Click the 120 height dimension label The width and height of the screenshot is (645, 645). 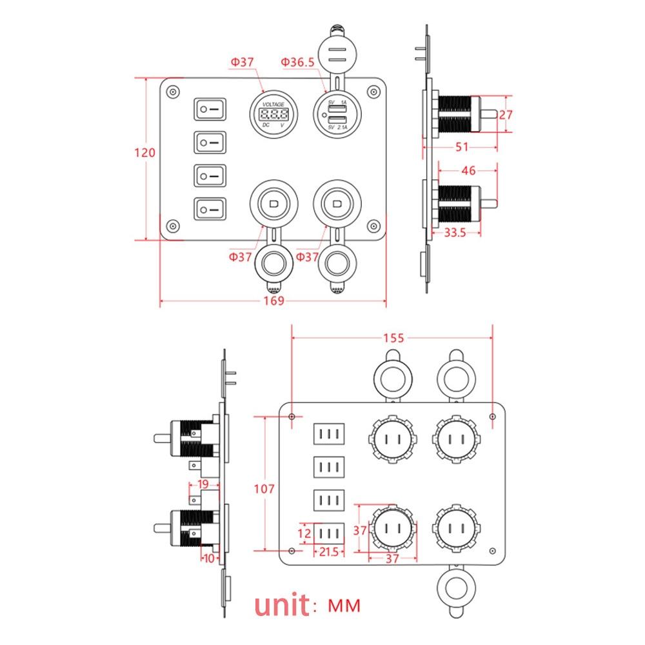(x=145, y=153)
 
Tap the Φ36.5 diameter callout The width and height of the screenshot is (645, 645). (x=297, y=62)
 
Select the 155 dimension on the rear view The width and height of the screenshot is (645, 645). (x=393, y=338)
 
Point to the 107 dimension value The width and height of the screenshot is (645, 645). (x=264, y=489)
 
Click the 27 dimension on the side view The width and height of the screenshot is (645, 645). (x=506, y=115)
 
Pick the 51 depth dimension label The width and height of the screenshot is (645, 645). (x=462, y=147)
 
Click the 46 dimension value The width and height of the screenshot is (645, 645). (x=469, y=171)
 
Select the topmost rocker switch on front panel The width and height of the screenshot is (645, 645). (x=211, y=109)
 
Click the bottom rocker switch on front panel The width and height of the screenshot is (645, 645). (x=211, y=208)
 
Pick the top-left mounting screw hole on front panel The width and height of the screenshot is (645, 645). (x=172, y=92)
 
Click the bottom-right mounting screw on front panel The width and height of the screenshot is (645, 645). (x=372, y=225)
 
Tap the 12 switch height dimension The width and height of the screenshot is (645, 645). (x=306, y=533)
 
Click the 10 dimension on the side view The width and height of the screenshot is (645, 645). (x=208, y=558)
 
